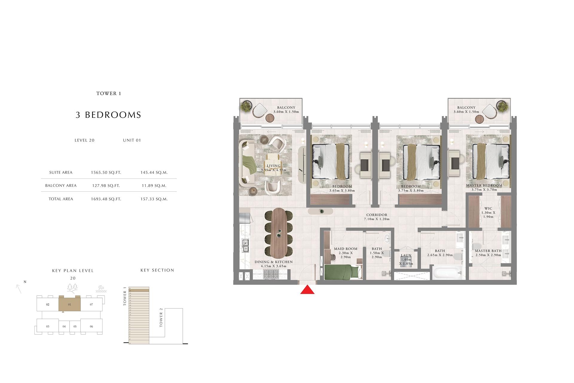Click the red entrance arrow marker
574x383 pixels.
coord(307,290)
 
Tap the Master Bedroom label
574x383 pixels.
coord(484,186)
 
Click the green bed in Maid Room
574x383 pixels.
coord(341,272)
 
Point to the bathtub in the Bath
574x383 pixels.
coord(447,273)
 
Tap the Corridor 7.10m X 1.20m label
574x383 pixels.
coord(377,217)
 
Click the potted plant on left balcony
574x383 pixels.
coord(247,106)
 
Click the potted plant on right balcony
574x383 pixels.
coord(502,106)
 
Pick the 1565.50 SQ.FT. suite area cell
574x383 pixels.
coord(106,173)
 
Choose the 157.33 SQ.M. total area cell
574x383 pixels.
coord(154,199)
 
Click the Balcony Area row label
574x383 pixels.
coord(61,186)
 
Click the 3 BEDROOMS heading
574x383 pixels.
coord(108,115)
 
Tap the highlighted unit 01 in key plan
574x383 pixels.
coord(69,305)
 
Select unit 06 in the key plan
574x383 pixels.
coord(91,326)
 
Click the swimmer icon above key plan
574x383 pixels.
coord(101,289)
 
